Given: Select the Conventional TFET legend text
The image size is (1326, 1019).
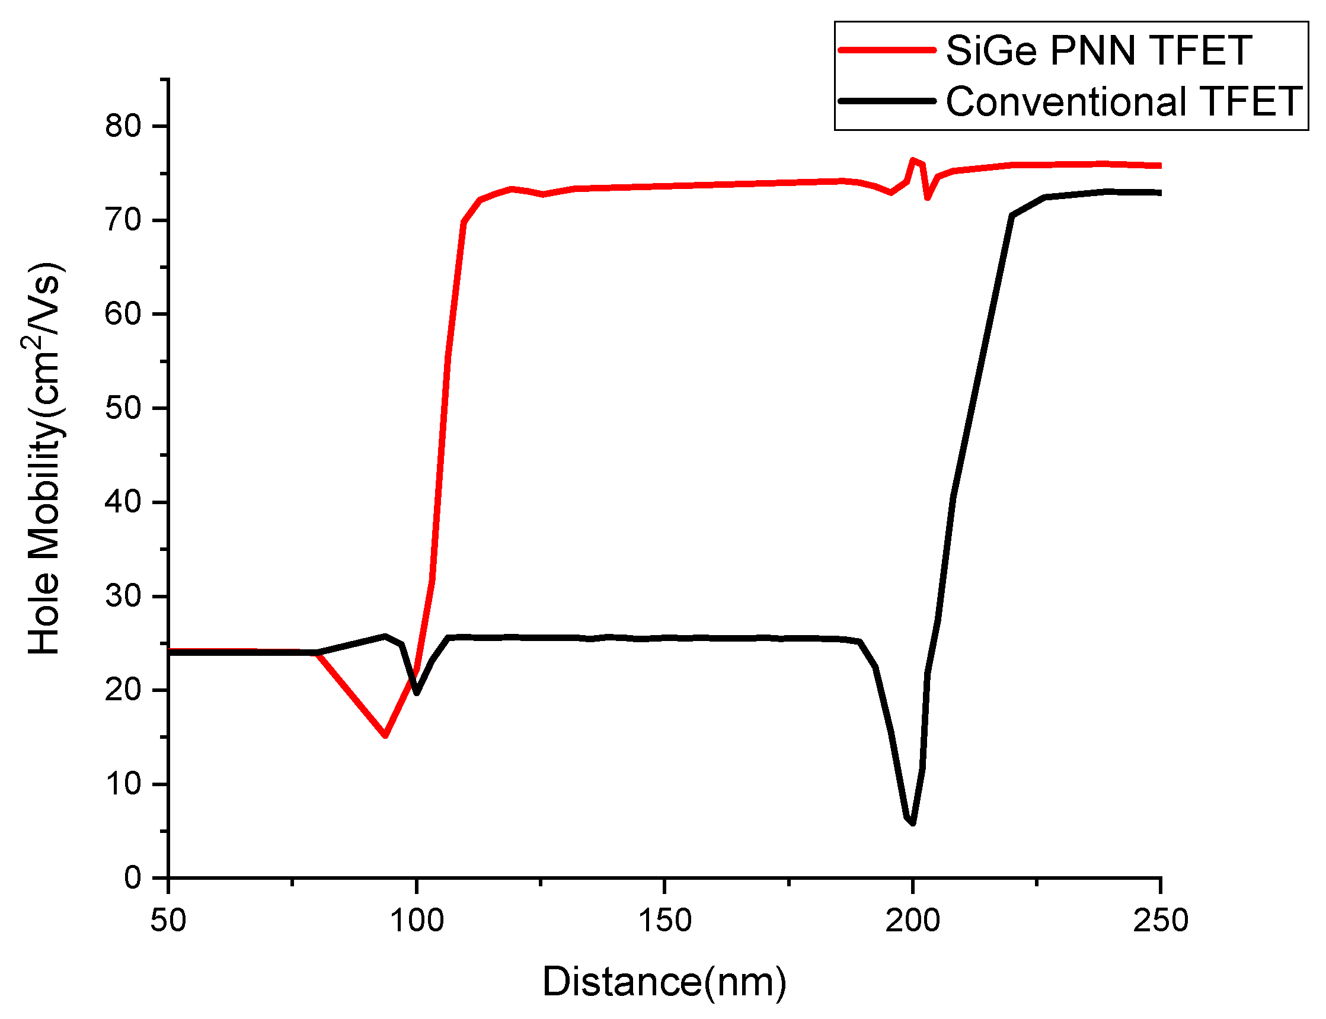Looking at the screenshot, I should [1123, 101].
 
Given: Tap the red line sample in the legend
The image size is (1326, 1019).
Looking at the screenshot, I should [886, 50].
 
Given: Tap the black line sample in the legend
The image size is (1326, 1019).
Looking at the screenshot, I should [886, 101].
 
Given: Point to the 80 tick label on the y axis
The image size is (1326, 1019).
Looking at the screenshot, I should [123, 126].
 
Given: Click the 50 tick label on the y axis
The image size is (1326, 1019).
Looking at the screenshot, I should [123, 408].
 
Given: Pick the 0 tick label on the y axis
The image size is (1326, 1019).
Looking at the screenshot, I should [132, 877].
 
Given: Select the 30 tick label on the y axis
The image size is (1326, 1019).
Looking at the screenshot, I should [123, 596].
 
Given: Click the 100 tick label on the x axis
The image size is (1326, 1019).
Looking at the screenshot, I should [416, 921].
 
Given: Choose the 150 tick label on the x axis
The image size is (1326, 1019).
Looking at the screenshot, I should [664, 921].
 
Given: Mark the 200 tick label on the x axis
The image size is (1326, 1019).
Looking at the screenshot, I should [912, 921].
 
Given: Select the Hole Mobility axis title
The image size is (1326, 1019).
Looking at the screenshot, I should [44, 458].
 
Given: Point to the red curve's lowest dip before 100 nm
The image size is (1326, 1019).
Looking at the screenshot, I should [385, 735].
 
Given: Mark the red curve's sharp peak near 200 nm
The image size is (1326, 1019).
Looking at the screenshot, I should [912, 160].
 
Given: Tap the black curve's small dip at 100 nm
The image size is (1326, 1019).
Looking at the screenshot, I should [416, 693].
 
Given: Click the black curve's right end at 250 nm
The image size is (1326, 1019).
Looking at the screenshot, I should [1159, 193].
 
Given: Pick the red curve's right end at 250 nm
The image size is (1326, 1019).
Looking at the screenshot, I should [1159, 166].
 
